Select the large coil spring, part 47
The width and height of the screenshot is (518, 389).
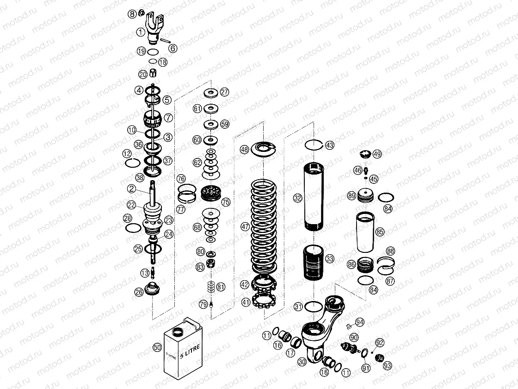264,227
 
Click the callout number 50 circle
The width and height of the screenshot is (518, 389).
157,347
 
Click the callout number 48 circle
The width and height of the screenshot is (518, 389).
244,150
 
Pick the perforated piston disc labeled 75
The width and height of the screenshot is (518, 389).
211,193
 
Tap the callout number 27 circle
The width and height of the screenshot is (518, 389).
224,92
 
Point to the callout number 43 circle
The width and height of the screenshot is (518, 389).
329,145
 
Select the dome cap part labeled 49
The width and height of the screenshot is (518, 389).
365,154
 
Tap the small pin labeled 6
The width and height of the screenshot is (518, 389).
163,41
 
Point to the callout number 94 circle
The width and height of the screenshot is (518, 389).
360,322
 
